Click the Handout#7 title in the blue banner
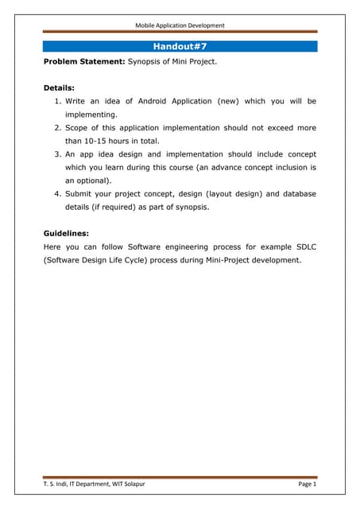[x=180, y=46]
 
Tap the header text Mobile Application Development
[x=180, y=25]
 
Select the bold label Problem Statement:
[x=83, y=60]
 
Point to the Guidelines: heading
[x=65, y=234]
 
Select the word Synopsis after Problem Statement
[x=145, y=60]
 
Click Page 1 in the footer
[x=308, y=484]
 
